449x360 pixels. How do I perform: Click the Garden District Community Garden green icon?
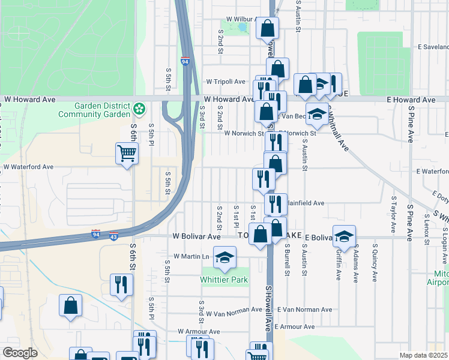(x=139, y=109)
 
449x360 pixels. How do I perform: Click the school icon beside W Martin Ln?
(x=225, y=258)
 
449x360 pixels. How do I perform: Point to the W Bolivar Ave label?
(x=197, y=237)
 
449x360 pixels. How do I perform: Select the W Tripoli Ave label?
(x=226, y=82)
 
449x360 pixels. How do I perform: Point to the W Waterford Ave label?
(x=28, y=167)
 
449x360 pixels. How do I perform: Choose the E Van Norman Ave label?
(x=304, y=310)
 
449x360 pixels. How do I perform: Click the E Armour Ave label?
(x=295, y=327)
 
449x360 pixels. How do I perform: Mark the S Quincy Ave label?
(x=374, y=263)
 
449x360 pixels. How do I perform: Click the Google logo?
(x=20, y=353)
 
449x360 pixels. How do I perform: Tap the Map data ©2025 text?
(x=423, y=355)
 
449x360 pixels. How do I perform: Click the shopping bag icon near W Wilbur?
(x=267, y=28)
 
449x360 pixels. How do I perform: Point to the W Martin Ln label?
(x=191, y=256)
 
